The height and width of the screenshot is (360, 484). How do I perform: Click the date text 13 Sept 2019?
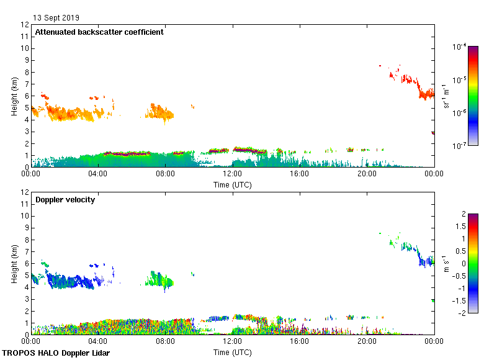coord(56,18)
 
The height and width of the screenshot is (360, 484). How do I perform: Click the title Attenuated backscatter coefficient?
coord(99,32)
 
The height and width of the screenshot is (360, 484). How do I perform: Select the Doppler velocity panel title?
coord(65,200)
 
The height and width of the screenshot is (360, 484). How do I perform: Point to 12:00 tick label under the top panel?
coord(233,174)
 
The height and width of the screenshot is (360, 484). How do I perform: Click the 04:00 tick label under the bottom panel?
coord(98,341)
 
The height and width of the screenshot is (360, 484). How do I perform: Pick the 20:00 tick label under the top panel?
coord(367,174)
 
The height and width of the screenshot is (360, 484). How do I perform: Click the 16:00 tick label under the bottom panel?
coord(300,341)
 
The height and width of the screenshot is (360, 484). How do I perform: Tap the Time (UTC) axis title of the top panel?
coord(233,184)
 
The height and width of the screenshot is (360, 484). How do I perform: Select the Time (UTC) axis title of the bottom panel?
coord(233,352)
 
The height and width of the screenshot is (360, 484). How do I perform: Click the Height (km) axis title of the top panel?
coord(14,96)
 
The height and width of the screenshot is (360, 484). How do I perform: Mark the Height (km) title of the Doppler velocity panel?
coord(14,264)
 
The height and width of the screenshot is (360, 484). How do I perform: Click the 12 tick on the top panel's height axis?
coord(25,25)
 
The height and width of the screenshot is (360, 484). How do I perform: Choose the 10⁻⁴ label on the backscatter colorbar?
coord(460,47)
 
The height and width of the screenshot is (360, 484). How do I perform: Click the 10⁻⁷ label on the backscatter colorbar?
coord(460,146)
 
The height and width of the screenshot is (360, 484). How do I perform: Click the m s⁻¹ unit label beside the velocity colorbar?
coord(447,264)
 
